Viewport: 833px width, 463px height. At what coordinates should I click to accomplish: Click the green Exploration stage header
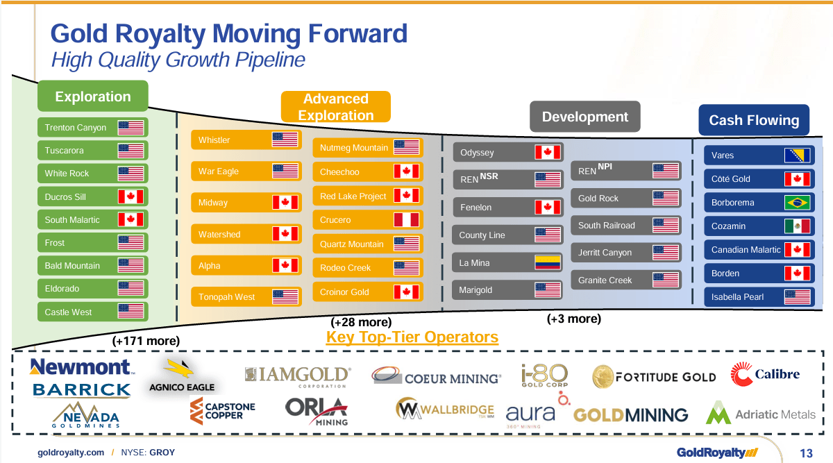pos(92,96)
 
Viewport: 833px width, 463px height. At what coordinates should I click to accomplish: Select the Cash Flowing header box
pos(754,120)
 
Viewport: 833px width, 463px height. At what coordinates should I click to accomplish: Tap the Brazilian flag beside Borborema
pos(797,203)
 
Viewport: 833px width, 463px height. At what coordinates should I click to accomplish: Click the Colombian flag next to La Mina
pos(548,263)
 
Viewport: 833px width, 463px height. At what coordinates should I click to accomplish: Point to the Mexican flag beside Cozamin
pos(797,226)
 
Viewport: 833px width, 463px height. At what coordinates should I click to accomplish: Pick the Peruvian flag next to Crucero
pos(406,220)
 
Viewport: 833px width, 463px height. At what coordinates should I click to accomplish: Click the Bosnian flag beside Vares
pos(797,155)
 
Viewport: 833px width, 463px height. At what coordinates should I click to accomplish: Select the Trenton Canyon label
pos(76,128)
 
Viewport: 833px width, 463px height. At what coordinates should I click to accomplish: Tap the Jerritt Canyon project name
pos(605,253)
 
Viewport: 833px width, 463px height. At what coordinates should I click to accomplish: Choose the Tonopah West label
pos(226,297)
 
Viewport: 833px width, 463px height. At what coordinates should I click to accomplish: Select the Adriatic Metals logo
pos(761,414)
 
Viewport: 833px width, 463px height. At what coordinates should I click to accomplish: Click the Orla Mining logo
pos(317,410)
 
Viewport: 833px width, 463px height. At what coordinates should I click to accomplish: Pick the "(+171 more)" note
pos(146,341)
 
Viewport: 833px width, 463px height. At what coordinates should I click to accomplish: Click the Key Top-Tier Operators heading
pos(412,337)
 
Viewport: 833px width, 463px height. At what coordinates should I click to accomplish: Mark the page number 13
pos(805,453)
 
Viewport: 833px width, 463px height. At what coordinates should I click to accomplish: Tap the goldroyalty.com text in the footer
pos(71,453)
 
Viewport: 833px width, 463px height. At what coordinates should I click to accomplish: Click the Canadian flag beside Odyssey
pos(548,153)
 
